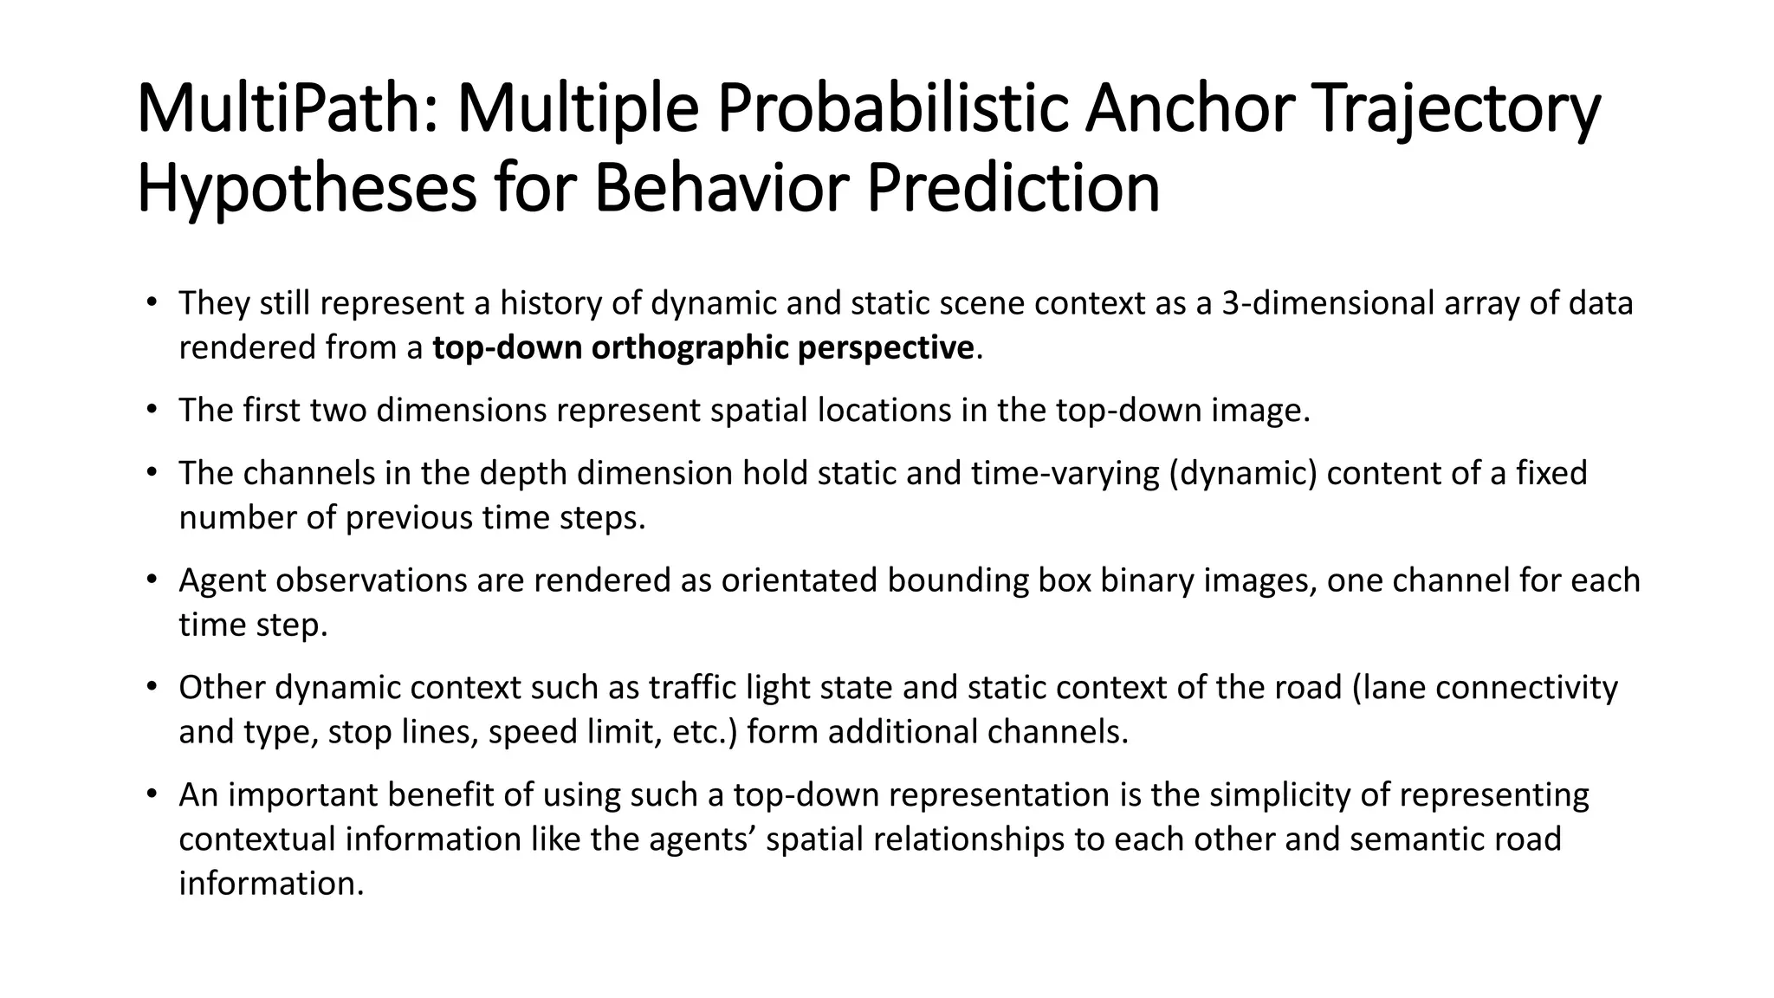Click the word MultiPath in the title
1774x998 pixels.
tap(290, 109)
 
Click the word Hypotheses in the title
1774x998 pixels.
tap(306, 190)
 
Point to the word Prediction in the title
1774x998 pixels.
tap(1013, 190)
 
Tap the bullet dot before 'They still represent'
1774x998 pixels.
tap(152, 303)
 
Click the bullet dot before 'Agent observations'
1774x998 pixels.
tap(152, 580)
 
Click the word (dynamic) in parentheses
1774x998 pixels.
tap(1242, 473)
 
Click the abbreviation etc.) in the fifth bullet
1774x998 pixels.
tap(708, 732)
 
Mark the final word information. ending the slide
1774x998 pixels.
tap(271, 884)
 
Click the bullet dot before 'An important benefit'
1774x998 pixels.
tap(152, 794)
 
